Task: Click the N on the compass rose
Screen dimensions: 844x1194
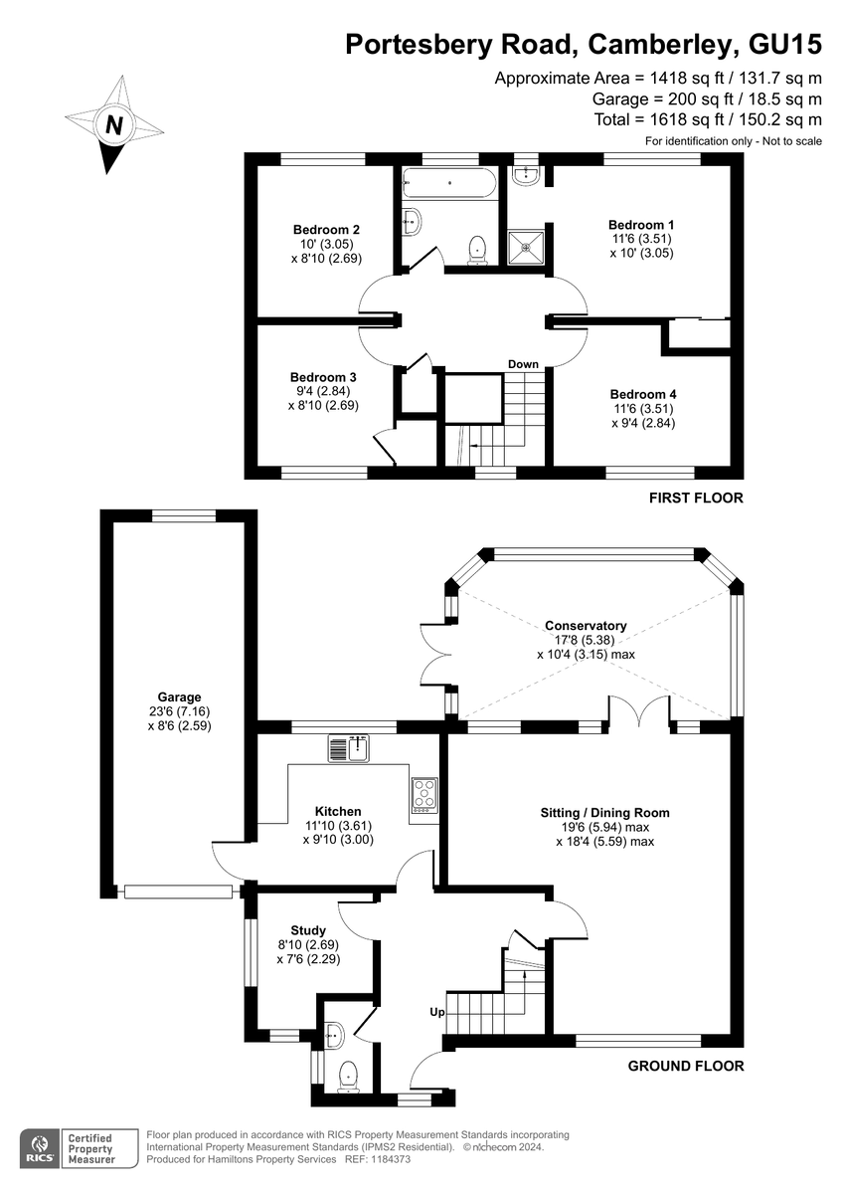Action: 114,125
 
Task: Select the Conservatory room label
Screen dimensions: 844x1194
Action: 586,625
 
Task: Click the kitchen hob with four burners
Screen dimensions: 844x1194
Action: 424,795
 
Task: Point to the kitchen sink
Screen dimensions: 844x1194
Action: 349,748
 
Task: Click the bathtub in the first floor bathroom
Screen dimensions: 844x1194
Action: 449,183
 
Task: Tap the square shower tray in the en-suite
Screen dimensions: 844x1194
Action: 526,248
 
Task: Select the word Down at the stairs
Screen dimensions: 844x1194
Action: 523,364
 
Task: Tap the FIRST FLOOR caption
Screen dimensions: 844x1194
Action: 696,497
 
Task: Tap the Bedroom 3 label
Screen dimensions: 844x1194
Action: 323,377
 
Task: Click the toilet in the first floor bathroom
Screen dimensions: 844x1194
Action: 477,251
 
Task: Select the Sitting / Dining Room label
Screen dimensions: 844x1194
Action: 604,813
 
